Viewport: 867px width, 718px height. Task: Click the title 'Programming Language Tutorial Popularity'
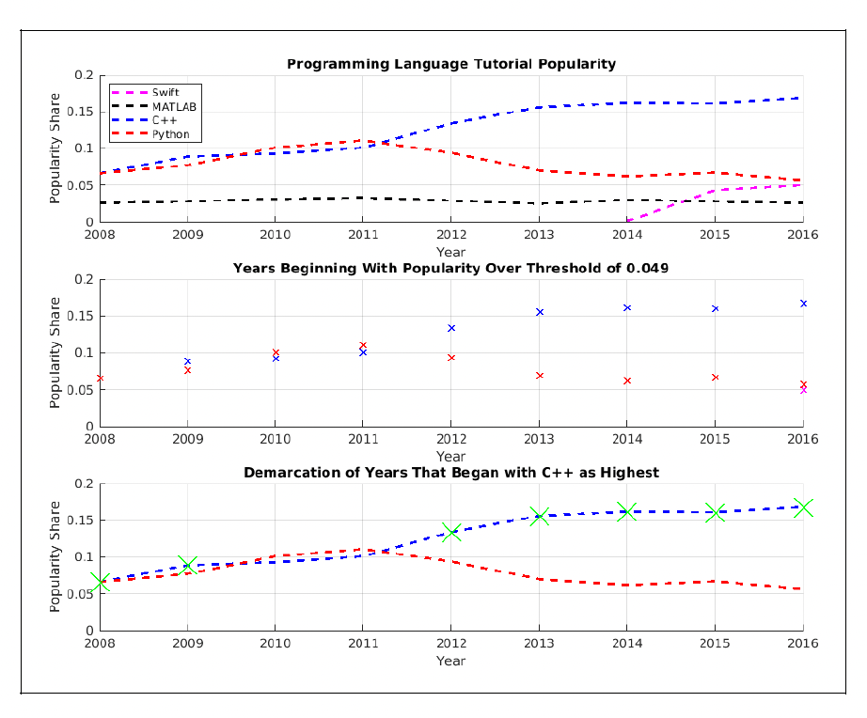pyautogui.click(x=450, y=64)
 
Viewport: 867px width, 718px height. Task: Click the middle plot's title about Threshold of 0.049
pyautogui.click(x=450, y=268)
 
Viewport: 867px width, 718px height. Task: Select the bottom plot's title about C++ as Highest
pyautogui.click(x=450, y=473)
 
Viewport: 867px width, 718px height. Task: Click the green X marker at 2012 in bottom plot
pyautogui.click(x=451, y=533)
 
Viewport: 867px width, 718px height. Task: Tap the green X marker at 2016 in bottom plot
pyautogui.click(x=802, y=507)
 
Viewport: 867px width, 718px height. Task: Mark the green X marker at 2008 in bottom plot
pyautogui.click(x=101, y=582)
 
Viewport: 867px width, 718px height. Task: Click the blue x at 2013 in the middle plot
pyautogui.click(x=540, y=312)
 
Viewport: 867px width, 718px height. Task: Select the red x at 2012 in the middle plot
pyautogui.click(x=451, y=358)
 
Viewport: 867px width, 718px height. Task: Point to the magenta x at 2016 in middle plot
pyautogui.click(x=802, y=390)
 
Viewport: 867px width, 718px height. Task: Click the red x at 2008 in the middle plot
pyautogui.click(x=101, y=379)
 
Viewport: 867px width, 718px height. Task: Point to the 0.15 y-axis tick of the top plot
pyautogui.click(x=83, y=112)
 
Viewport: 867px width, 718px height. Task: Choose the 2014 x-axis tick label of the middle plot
pyautogui.click(x=626, y=438)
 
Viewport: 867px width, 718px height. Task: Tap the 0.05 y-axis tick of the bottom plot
pyautogui.click(x=83, y=594)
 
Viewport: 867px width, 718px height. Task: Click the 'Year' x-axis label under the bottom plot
pyautogui.click(x=450, y=661)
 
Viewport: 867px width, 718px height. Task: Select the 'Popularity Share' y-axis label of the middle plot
pyautogui.click(x=55, y=353)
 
